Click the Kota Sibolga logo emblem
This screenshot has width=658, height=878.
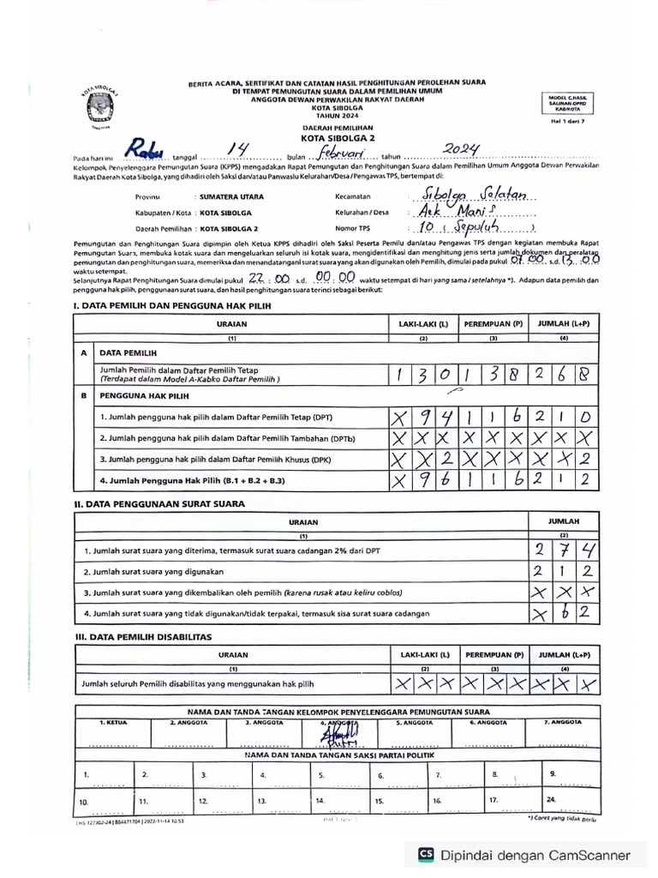[99, 104]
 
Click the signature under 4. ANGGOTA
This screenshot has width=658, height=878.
[349, 734]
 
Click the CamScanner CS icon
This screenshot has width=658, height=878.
[426, 854]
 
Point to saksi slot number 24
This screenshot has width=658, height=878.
[549, 800]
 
